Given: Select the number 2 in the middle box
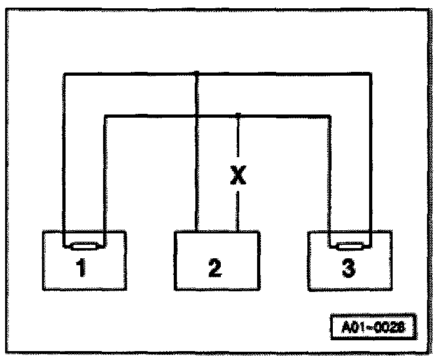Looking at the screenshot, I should coord(215,269).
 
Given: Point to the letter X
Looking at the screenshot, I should coord(237,176).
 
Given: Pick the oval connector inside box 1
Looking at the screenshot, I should coord(83,246).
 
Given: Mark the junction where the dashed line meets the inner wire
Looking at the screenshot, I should coord(237,115).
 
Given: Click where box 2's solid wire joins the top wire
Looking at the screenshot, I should coord(197,73).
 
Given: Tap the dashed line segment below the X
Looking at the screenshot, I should coord(237,210).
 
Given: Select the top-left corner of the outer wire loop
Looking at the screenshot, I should coord(63,74).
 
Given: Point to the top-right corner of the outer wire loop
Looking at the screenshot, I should coord(371,74).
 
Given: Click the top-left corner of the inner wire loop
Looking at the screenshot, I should coord(104,116).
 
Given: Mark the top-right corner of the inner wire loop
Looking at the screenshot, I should coord(330,116).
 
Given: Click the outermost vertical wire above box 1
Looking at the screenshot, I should coord(63,159).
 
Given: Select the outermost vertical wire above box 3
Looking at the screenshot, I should coord(371,159).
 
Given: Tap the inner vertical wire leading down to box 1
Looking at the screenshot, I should coord(104,178).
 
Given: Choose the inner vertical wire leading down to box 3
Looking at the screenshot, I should coord(330,178).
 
